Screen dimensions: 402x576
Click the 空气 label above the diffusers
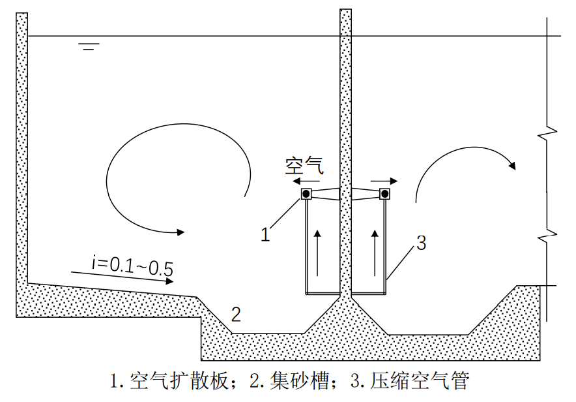click(x=304, y=166)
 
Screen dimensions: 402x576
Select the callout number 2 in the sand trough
click(x=237, y=315)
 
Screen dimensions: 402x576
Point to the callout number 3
click(x=421, y=243)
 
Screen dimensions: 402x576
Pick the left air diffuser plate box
click(x=306, y=194)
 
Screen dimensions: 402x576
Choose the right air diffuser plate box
click(x=384, y=194)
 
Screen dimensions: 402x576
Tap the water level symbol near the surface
click(x=89, y=46)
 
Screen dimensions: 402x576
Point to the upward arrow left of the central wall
click(x=318, y=252)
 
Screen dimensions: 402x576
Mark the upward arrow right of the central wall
click(x=375, y=252)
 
